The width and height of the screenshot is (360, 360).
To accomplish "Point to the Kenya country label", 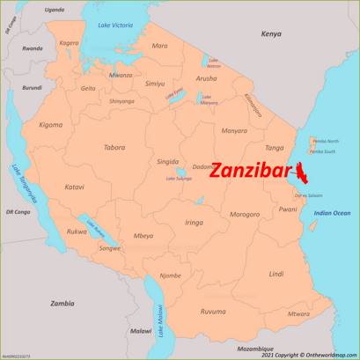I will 271,33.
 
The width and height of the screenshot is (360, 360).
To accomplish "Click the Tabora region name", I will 114,147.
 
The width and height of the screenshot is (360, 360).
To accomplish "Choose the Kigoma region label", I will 51,125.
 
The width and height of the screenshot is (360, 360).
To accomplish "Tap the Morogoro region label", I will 245,214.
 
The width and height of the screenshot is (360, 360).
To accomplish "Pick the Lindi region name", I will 276,274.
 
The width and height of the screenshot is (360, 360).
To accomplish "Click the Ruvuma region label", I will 213,312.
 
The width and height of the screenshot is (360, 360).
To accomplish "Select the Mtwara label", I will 299,313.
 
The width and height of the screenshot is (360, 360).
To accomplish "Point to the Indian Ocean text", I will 332,213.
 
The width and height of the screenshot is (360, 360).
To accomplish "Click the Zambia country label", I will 62,303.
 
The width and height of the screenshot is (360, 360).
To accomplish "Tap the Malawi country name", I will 141,331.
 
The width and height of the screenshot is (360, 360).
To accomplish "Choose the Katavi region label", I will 75,187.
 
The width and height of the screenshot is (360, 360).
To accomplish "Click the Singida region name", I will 167,162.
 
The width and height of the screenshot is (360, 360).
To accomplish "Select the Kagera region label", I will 69,42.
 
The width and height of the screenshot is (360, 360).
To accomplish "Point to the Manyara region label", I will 234,130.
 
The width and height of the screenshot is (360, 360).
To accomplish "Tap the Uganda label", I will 55,9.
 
